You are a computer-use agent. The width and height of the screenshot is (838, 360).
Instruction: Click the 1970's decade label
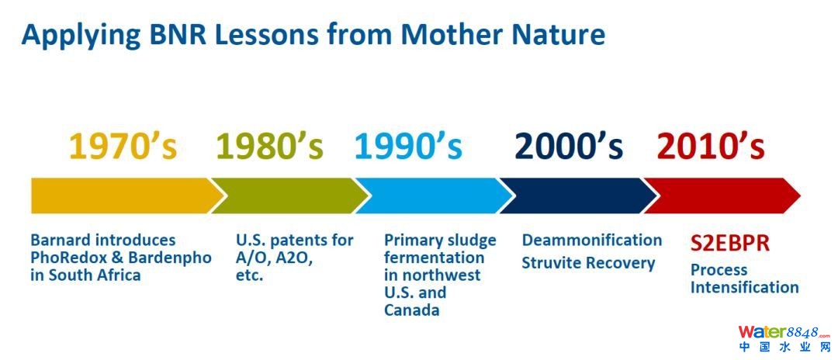click(x=123, y=145)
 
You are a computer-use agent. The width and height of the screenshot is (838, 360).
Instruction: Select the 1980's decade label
click(x=270, y=145)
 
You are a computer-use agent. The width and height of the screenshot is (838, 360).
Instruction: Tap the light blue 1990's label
click(x=408, y=145)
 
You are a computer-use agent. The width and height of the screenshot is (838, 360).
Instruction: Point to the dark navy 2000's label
click(x=569, y=145)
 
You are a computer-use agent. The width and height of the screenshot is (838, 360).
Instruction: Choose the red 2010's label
click(x=711, y=145)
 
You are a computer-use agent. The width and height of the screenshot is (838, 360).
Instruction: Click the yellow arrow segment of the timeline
click(x=126, y=196)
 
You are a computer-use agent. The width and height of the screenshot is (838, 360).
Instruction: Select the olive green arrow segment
click(x=289, y=196)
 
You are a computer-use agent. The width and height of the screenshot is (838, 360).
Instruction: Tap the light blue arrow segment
click(x=433, y=196)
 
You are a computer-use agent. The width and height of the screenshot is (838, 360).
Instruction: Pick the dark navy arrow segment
click(x=577, y=196)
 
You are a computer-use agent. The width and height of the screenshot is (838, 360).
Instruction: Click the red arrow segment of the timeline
click(x=722, y=196)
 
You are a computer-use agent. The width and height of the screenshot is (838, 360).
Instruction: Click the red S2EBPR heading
click(x=730, y=244)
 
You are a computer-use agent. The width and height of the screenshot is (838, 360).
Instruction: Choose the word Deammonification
click(x=592, y=241)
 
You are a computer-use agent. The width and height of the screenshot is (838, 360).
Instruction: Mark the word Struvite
click(x=549, y=263)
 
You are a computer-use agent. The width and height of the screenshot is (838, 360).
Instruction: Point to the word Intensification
click(x=744, y=287)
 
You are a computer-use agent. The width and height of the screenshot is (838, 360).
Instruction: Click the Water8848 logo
click(x=784, y=339)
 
